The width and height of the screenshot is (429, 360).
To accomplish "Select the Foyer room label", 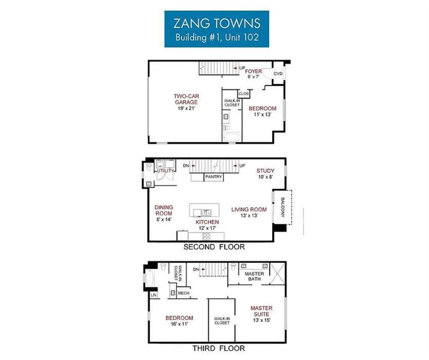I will [x=253, y=71].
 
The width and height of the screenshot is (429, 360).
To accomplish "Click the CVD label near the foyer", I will [x=278, y=74].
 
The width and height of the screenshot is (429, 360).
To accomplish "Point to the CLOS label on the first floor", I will [x=244, y=94].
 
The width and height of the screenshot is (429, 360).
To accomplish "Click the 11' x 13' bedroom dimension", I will [x=262, y=114].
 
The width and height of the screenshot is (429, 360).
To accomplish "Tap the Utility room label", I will [x=165, y=171].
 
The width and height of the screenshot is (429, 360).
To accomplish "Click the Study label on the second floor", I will [x=265, y=171].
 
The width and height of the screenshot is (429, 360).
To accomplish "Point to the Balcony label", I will [x=282, y=208].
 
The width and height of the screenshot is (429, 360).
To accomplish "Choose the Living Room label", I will [x=249, y=210].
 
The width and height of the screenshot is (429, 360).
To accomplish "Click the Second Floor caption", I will [x=214, y=247].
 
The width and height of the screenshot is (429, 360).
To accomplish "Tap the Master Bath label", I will [x=254, y=277].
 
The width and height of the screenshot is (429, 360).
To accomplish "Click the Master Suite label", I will [x=261, y=311].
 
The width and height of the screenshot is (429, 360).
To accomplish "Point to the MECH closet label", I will [x=183, y=293].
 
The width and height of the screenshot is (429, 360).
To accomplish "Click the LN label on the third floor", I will [x=153, y=295].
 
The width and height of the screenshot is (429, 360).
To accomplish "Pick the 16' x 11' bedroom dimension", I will [x=179, y=324].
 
